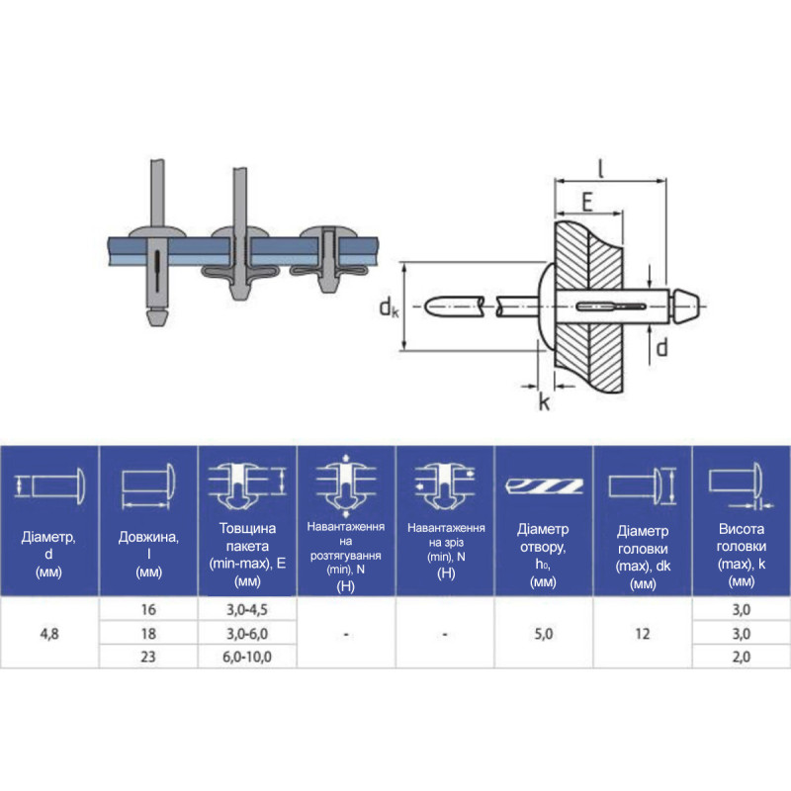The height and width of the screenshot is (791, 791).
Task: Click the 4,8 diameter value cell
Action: coord(49,633)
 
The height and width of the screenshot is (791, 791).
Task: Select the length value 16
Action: coord(148,609)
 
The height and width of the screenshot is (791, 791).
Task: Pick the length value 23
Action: coord(148,657)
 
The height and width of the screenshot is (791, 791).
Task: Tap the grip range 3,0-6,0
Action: coord(247,633)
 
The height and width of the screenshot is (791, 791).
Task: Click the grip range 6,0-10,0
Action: coord(247,657)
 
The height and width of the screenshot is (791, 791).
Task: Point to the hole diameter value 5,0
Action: coord(543,633)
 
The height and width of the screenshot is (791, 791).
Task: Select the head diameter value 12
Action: coord(642,633)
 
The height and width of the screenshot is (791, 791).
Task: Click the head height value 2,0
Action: coord(741,657)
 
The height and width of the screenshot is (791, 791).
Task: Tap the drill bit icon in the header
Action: coord(545,485)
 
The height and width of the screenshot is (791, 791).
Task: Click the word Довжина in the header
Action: coord(148,536)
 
